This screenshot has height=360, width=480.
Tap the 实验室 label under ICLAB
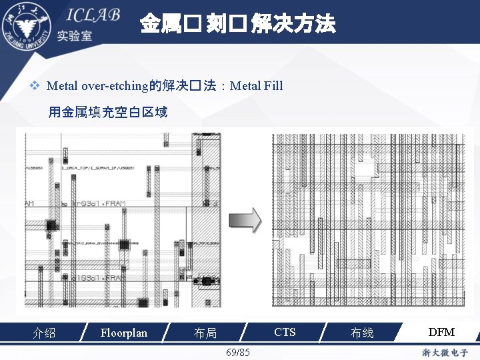75,36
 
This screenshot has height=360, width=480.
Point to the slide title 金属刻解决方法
237,25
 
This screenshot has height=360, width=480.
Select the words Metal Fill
256,86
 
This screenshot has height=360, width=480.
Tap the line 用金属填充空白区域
107,112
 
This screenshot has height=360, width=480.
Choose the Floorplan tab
123,332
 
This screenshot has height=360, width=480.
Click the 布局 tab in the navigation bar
205,333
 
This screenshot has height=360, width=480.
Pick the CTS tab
285,332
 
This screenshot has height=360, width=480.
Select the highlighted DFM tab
441,332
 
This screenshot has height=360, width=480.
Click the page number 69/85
238,351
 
